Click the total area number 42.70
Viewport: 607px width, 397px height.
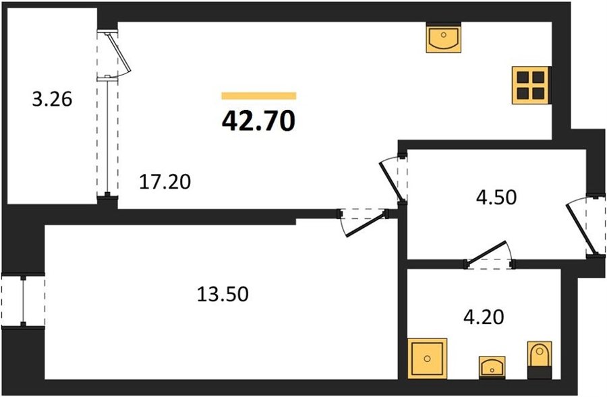pos(258,121)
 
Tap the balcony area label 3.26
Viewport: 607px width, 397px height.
pos(52,100)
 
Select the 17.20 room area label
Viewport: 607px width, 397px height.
pos(165,182)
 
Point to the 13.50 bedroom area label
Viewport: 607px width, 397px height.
pos(223,294)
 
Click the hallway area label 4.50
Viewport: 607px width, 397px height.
pos(496,197)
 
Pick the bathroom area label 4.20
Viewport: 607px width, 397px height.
pos(484,317)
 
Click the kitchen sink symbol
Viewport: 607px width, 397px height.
pos(444,38)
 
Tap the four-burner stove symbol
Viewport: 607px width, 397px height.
pos(530,85)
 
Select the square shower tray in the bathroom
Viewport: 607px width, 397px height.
pos(427,359)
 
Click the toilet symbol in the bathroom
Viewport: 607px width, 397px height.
pos(540,360)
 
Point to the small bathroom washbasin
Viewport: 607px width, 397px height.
pos(492,367)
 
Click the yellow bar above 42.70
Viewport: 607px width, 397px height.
pos(258,96)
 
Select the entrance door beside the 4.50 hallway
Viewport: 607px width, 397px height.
pos(581,228)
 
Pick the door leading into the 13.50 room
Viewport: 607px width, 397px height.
pos(364,224)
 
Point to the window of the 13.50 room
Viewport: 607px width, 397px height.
pos(23,301)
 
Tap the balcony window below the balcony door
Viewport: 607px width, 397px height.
pos(107,136)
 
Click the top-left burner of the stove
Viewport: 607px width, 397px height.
pos(523,78)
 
